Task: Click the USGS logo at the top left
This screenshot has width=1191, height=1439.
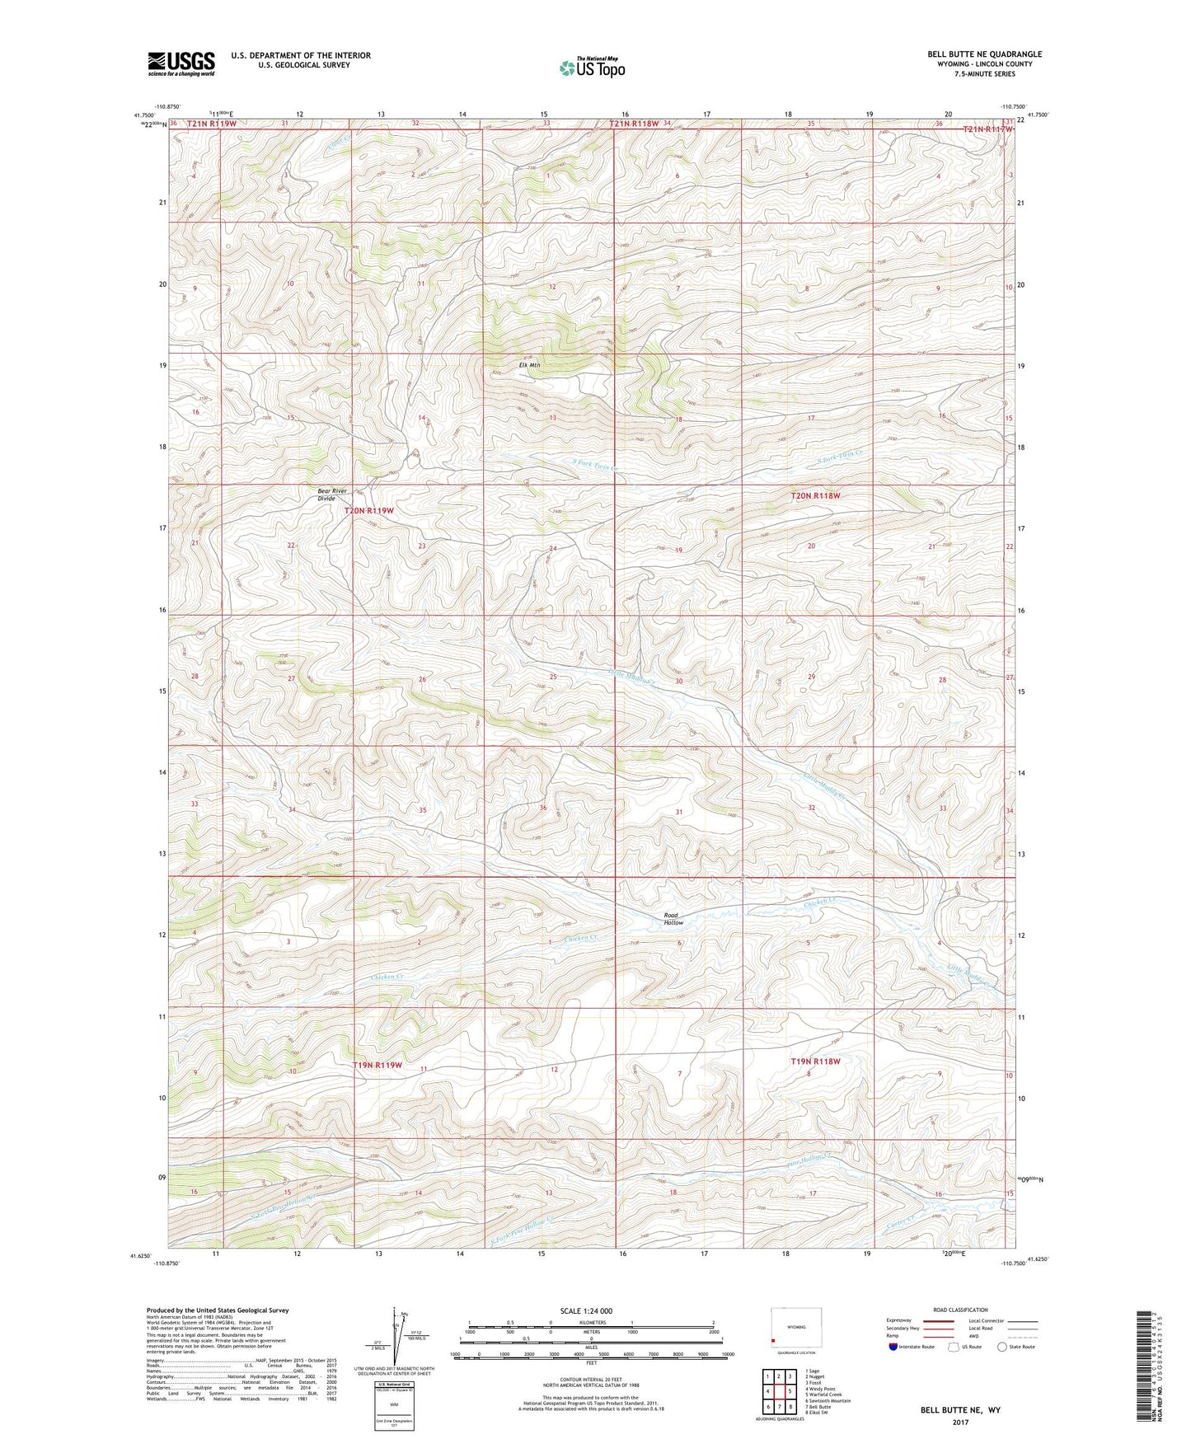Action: click(x=181, y=63)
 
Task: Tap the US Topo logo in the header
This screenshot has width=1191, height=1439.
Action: click(x=591, y=68)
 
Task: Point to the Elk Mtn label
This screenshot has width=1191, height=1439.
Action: click(x=528, y=366)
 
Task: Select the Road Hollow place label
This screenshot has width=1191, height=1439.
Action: click(x=673, y=919)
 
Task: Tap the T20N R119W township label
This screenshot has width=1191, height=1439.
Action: click(x=368, y=511)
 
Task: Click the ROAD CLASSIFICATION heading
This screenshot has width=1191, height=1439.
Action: click(x=961, y=1310)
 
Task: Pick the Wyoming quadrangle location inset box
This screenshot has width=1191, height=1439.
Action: click(x=796, y=1329)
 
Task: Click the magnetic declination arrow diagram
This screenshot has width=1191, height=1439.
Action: click(x=399, y=1339)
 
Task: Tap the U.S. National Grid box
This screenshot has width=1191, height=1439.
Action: click(x=389, y=1405)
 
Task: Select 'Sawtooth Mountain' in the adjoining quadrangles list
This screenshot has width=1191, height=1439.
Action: click(x=828, y=1400)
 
